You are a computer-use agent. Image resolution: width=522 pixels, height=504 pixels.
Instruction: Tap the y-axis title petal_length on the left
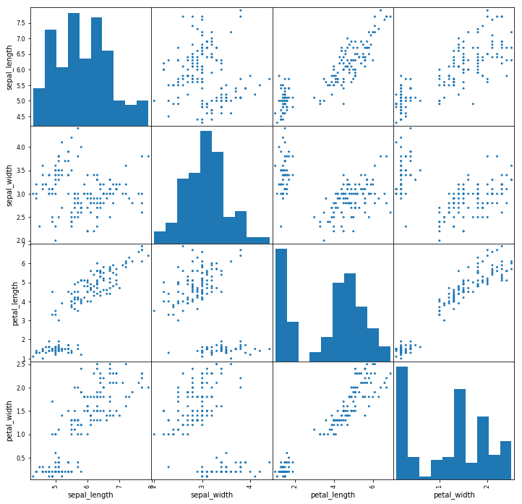point(8,304)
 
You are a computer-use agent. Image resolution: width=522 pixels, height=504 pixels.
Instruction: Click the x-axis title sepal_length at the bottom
point(90,495)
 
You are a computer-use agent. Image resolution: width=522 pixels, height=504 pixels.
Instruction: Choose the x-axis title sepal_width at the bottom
point(212,495)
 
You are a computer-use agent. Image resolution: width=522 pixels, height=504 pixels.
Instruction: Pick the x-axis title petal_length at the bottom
point(333,495)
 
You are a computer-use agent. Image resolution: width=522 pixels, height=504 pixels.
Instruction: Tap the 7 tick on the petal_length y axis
point(24,246)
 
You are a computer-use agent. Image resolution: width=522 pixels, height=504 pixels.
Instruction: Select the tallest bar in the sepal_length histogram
point(74,69)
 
